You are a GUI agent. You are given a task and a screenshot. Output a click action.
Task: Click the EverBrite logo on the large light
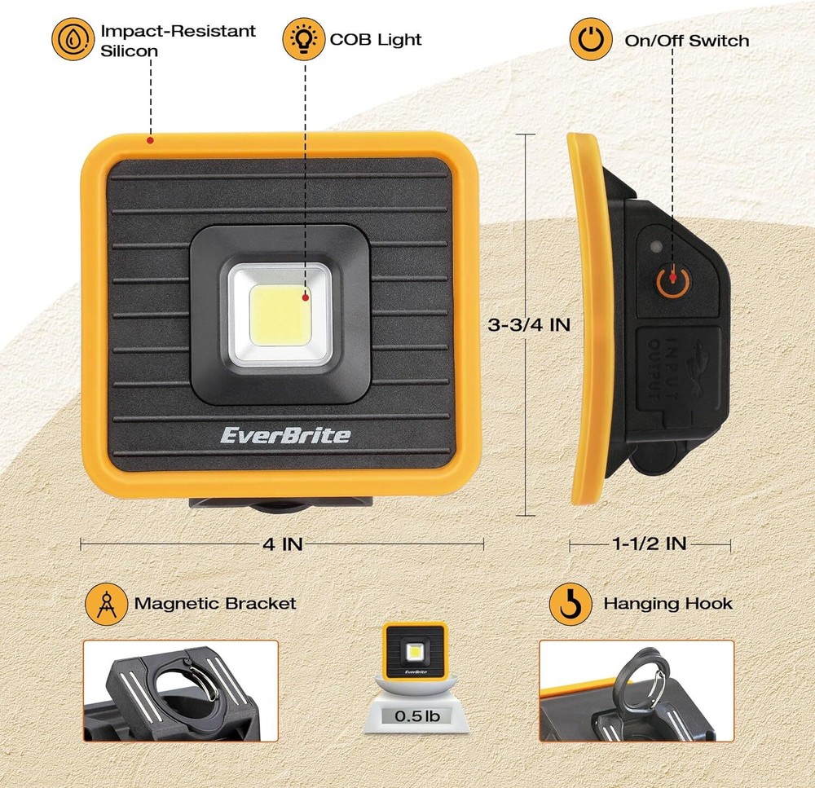pos(285,434)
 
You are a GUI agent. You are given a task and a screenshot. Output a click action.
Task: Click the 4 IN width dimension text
pos(281,544)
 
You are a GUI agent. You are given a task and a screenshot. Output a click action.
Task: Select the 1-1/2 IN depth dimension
pos(650,544)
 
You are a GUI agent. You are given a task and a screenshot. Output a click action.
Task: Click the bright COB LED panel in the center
pos(280,314)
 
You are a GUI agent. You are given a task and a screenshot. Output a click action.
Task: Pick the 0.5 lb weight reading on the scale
pos(416,717)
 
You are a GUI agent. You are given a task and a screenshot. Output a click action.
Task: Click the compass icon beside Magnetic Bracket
pos(107,604)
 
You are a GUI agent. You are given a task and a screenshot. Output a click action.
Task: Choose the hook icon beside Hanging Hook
pos(570,604)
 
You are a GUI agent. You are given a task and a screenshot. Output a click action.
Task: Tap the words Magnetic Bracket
pos(215,604)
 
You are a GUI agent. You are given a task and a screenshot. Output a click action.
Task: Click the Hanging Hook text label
pos(667,604)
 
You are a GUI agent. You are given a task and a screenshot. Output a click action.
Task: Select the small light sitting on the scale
pos(416,651)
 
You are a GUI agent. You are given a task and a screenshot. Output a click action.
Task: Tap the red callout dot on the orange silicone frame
pos(151,140)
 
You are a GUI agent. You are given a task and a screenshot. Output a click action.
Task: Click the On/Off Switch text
pos(686,40)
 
